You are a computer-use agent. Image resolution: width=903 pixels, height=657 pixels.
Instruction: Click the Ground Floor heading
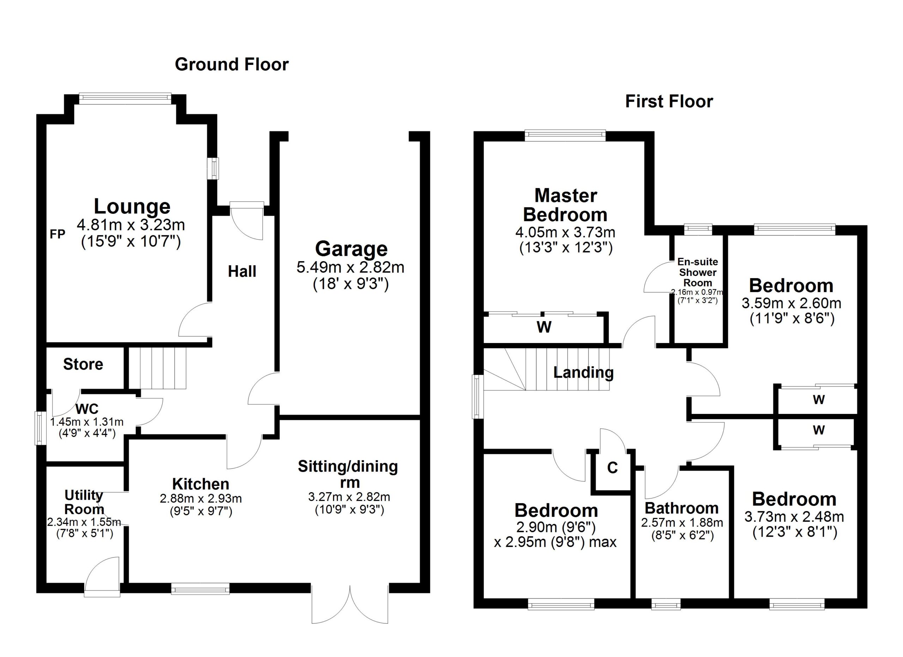click(x=231, y=65)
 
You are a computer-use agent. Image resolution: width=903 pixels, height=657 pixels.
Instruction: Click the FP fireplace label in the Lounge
click(x=57, y=235)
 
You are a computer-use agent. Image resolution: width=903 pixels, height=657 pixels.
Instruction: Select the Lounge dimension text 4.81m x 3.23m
click(x=131, y=225)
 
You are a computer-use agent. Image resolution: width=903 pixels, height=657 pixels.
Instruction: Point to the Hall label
click(x=242, y=272)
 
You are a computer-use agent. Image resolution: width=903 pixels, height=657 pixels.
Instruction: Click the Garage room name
click(x=351, y=249)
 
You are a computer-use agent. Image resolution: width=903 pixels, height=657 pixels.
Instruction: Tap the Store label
click(x=83, y=364)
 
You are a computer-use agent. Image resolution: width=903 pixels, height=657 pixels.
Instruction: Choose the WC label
click(x=87, y=409)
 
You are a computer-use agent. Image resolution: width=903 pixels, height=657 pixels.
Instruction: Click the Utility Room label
click(x=84, y=502)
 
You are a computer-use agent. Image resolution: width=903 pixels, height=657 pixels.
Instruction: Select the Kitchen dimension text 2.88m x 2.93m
click(x=201, y=499)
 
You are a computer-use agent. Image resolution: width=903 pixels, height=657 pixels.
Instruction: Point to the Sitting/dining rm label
click(x=348, y=474)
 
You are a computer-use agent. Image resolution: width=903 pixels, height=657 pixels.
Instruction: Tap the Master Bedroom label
click(x=565, y=205)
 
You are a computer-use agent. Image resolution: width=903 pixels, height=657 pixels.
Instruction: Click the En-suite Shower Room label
click(x=698, y=272)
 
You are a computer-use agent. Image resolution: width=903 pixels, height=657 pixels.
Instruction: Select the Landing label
click(x=583, y=372)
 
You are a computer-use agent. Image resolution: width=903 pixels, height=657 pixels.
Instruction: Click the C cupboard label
click(x=612, y=468)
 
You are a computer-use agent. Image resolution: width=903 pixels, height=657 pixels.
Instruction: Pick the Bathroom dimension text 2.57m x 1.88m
click(x=681, y=523)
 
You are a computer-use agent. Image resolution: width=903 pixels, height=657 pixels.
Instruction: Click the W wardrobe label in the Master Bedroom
click(x=544, y=327)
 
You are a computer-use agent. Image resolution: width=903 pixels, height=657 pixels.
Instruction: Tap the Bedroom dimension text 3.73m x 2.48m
click(x=794, y=517)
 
